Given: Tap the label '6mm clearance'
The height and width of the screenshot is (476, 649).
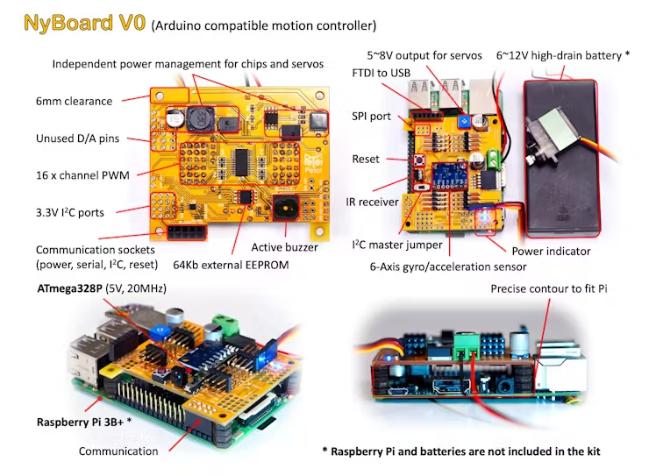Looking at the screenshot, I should point(74,101).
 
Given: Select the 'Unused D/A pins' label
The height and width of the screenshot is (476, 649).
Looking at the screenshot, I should point(77,139).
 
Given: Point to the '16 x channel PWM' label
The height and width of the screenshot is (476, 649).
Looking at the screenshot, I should point(82,175).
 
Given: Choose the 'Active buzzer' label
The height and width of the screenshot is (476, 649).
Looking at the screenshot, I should point(284,247).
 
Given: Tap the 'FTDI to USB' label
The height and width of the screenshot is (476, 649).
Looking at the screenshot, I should point(381,72).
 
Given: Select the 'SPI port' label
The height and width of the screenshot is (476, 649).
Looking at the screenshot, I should point(371,116).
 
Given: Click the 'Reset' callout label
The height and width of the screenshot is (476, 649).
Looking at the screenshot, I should point(366,160).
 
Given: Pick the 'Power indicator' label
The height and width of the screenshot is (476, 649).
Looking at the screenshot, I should point(551,251).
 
